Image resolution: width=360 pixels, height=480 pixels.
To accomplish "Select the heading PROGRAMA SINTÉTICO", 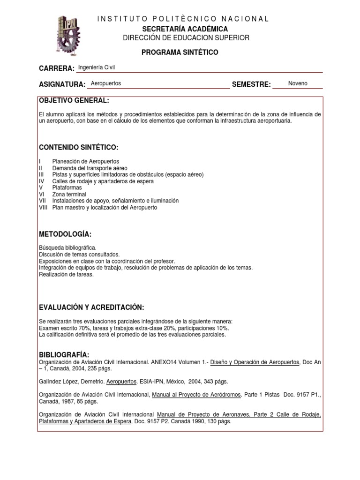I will pyautogui.click(x=180, y=52).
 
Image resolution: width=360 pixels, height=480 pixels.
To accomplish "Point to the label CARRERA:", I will pyautogui.click(x=57, y=68).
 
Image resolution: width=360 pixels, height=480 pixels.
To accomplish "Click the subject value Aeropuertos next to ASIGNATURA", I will pyautogui.click(x=105, y=83).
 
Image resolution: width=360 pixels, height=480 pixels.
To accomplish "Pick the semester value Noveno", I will pyautogui.click(x=298, y=83).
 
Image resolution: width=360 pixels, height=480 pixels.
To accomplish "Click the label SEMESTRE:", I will pyautogui.click(x=251, y=84).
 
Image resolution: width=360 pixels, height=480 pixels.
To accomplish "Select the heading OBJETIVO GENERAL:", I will pyautogui.click(x=74, y=101).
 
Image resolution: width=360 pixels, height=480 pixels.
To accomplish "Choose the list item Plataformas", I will pyautogui.click(x=67, y=187).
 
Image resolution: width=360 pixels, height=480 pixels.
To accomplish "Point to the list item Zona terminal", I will pyautogui.click(x=69, y=194).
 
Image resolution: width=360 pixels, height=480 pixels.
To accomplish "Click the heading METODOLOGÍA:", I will pyautogui.click(x=65, y=234).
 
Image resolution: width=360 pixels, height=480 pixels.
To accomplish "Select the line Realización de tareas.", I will pyautogui.click(x=67, y=274).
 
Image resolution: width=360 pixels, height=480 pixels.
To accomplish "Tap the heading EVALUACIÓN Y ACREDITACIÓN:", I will pyautogui.click(x=91, y=307).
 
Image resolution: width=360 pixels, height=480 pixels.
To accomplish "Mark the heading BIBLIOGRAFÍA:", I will pyautogui.click(x=64, y=354).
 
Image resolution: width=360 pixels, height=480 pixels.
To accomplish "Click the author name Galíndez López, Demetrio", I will pyautogui.click(x=72, y=382).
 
